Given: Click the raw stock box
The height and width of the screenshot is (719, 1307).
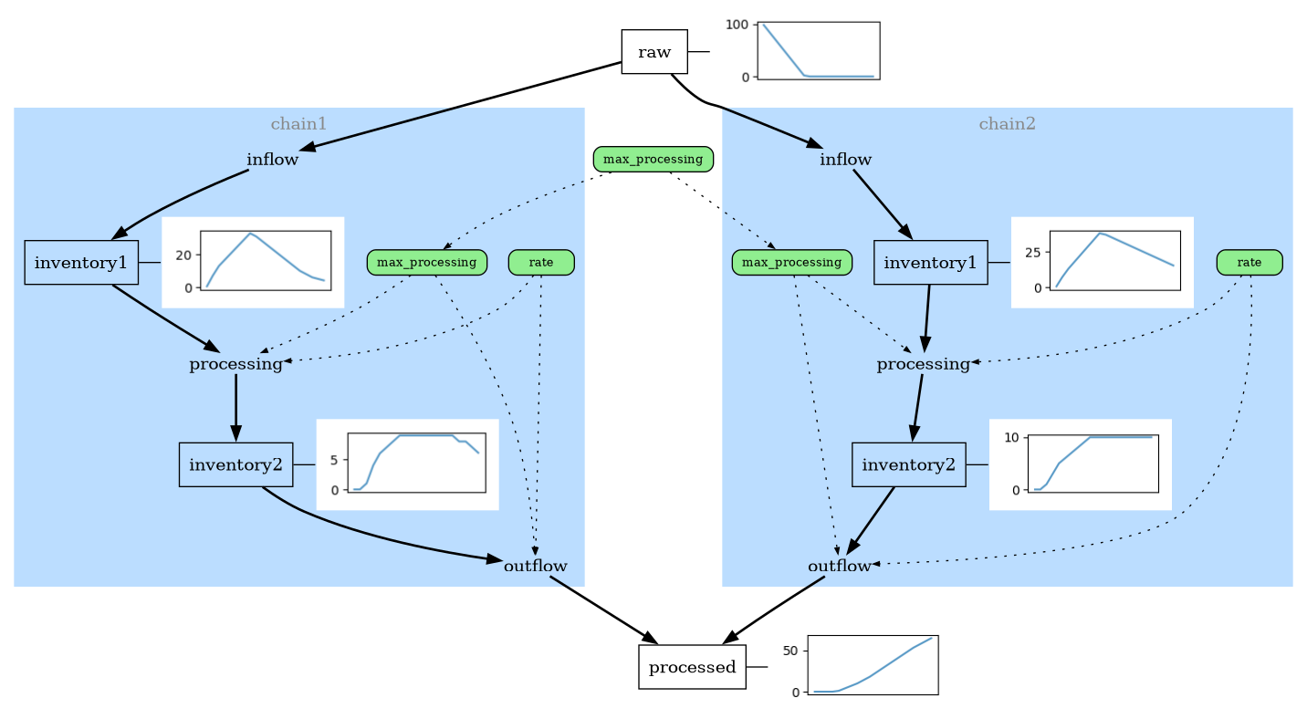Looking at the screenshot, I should [x=653, y=52].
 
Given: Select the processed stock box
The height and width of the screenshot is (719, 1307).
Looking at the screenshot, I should [x=692, y=667].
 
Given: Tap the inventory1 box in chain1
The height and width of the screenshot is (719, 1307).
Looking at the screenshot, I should [x=81, y=263].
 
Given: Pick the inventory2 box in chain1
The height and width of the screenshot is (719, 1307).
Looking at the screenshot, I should [x=235, y=464].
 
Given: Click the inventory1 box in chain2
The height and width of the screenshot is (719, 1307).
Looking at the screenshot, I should [x=930, y=263].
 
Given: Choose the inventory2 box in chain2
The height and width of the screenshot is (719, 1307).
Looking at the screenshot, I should [x=908, y=464].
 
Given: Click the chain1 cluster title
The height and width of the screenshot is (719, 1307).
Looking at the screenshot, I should [x=298, y=123].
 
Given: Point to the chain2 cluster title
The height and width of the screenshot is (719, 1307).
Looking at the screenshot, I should [x=1007, y=123].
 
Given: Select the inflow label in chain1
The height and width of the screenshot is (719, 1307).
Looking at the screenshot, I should [x=272, y=160].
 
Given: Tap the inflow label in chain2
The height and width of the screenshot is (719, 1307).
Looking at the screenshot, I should [x=845, y=160].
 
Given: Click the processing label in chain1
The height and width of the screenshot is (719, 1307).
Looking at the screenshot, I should [x=235, y=364].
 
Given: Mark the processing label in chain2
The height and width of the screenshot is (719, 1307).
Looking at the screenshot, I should [x=923, y=364].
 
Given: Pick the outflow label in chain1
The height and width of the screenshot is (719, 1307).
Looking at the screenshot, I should [x=535, y=566].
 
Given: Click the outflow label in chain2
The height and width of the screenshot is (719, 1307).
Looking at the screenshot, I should [x=840, y=566].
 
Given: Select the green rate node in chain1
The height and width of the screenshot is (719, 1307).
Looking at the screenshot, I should [x=540, y=263].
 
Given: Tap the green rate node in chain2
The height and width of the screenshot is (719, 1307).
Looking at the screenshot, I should [x=1249, y=263].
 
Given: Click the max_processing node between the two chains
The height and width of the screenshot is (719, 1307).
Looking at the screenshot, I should [x=653, y=160].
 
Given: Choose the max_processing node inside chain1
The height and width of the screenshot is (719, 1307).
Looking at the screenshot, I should [x=426, y=263].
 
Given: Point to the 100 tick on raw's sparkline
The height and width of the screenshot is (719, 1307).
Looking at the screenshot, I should [x=737, y=25].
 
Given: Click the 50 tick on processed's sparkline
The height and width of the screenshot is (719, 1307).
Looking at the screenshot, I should [x=790, y=651].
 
